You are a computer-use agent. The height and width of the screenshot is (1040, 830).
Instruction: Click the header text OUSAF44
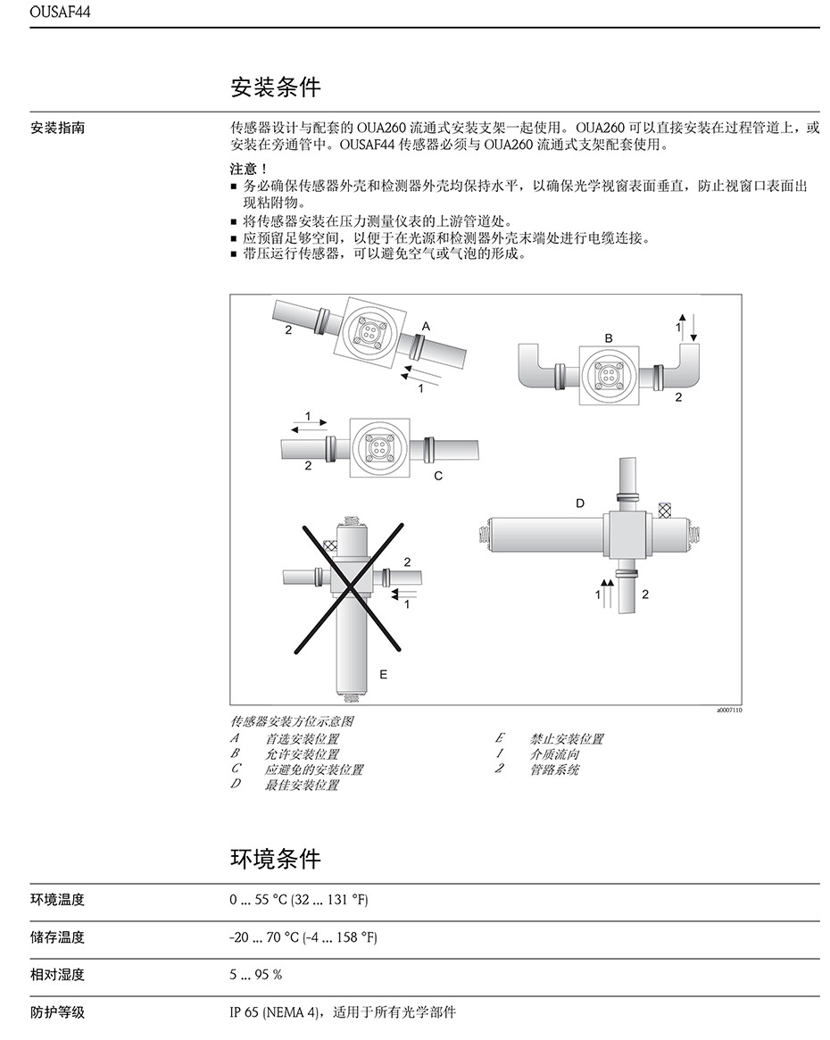pos(60,12)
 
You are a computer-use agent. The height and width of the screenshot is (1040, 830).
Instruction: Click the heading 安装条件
pos(275,87)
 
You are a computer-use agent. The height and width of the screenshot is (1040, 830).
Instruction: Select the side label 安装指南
pos(58,128)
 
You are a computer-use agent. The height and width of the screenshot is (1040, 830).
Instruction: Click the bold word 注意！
pos(248,169)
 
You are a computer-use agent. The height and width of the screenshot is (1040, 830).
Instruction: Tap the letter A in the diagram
pos(426,328)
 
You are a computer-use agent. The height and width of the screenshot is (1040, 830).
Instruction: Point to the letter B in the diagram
pos(609,338)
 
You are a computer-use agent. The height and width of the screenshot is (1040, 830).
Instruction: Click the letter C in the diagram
pos(438,476)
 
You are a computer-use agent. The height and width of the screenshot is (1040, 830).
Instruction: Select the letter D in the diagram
pos(579,503)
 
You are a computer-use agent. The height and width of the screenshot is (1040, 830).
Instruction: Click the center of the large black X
pos(350,588)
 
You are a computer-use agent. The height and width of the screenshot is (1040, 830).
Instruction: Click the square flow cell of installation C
pos(378,445)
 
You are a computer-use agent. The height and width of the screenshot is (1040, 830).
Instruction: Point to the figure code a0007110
pos(728,711)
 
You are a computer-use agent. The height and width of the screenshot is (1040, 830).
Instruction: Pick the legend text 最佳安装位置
pos(302,785)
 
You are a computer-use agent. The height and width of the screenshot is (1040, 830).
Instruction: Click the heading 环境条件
pos(275,859)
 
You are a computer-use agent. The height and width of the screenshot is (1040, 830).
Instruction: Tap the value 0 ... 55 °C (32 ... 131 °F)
pos(298,900)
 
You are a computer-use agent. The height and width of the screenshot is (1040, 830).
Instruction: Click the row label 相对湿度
pos(58,974)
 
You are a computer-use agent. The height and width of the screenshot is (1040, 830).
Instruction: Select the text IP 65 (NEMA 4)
pos(276,1012)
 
